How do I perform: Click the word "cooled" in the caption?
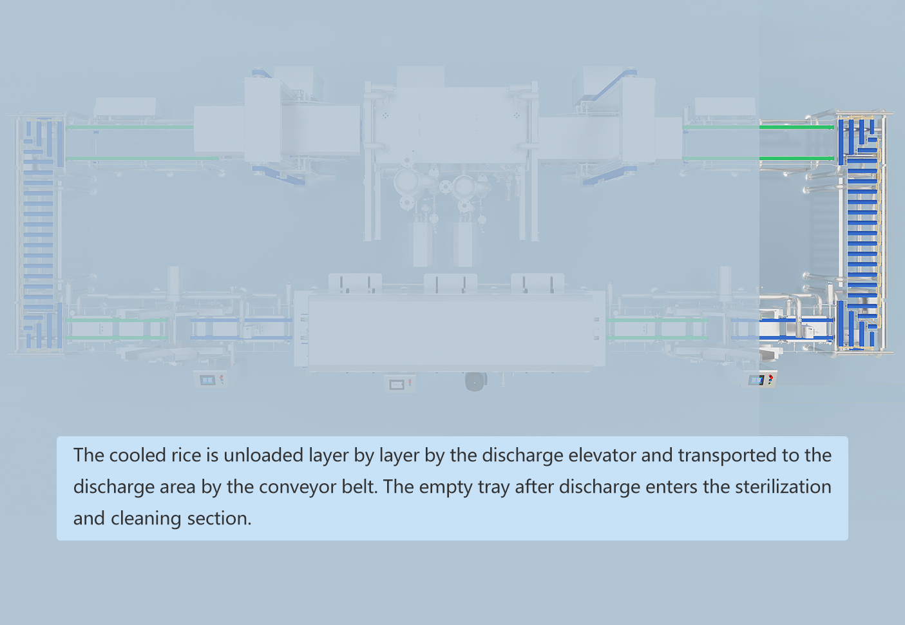pos(138,455)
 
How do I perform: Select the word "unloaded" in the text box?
pos(264,455)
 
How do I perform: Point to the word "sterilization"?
pos(783,486)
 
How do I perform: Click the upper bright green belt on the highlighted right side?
pos(796,128)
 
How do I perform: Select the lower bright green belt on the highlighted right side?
pos(796,159)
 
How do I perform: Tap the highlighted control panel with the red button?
pos(763,380)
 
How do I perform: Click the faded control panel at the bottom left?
pos(210,380)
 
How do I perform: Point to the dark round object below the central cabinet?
pos(475,382)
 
